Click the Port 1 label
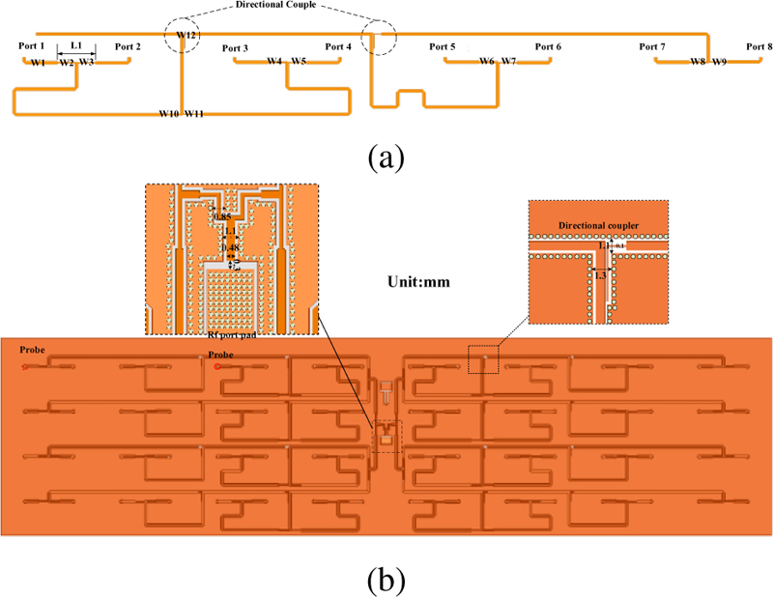coord(31,46)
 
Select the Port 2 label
coord(128,46)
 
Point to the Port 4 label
coord(338,46)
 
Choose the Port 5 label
coord(442,46)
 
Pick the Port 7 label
coord(652,46)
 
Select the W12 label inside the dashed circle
coord(186,35)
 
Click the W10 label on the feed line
coord(169,115)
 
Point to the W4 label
coord(275,62)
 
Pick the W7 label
coord(509,62)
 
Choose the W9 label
coord(719,62)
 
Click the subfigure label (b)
coord(386,580)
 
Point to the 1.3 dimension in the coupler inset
coord(601,276)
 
